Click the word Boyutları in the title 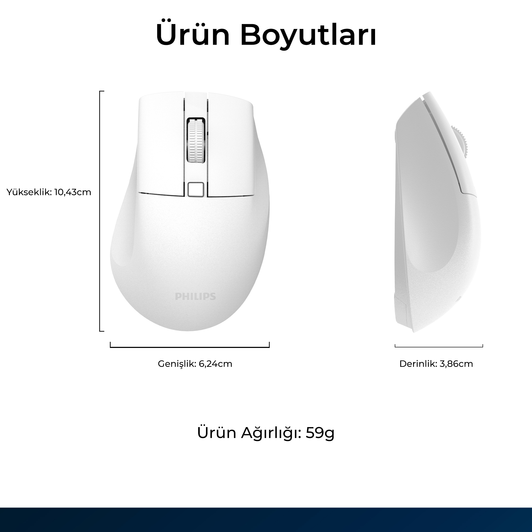(x=308, y=37)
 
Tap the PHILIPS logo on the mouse (x=196, y=296)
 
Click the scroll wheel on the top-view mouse (x=196, y=140)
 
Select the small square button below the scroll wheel (x=196, y=189)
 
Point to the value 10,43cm (x=73, y=192)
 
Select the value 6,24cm (x=215, y=364)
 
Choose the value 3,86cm (x=456, y=364)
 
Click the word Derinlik (x=418, y=364)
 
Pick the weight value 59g (x=320, y=433)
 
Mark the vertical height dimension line (x=100, y=211)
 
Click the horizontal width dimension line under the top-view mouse (x=190, y=347)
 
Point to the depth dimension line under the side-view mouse (x=439, y=346)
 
